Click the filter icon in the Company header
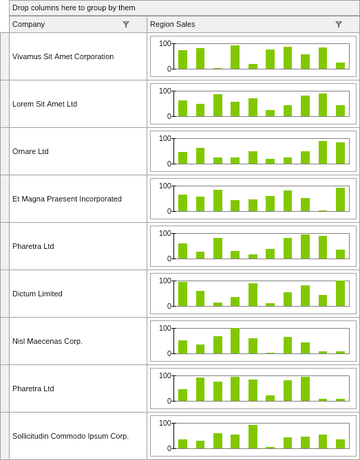click(x=126, y=24)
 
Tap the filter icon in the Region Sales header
click(x=339, y=24)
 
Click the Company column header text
click(x=28, y=24)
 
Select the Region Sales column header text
click(x=172, y=24)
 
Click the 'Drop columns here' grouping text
click(x=74, y=8)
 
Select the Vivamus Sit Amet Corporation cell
click(x=63, y=56)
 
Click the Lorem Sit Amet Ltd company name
click(x=45, y=104)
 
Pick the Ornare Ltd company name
click(x=30, y=151)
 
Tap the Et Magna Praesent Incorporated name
click(x=67, y=199)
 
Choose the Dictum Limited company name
click(x=37, y=294)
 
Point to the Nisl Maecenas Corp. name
click(x=47, y=341)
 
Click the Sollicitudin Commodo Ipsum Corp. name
click(x=70, y=436)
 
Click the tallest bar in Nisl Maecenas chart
click(x=235, y=341)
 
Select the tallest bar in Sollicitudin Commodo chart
click(x=253, y=437)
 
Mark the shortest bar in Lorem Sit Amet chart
click(x=270, y=113)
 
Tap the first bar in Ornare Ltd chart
click(x=182, y=158)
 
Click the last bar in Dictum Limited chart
click(x=340, y=294)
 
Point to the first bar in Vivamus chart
click(x=182, y=60)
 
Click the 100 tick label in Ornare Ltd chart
click(x=165, y=138)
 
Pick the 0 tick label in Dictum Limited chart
click(x=169, y=306)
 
